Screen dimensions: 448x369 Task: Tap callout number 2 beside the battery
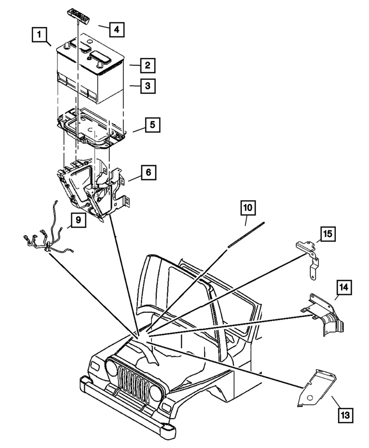(x=146, y=65)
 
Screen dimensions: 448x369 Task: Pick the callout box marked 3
(x=146, y=86)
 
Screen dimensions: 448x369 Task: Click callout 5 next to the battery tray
(x=153, y=126)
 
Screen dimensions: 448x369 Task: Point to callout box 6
(x=148, y=172)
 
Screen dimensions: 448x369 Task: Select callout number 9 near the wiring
(x=79, y=220)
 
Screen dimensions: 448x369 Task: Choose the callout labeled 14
(x=344, y=288)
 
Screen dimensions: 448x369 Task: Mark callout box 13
(x=344, y=413)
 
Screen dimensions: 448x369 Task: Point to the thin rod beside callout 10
(x=246, y=236)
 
